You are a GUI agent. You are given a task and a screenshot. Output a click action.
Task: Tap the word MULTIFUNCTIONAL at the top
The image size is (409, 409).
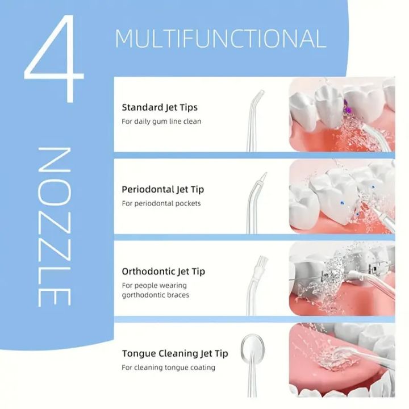(x=220, y=39)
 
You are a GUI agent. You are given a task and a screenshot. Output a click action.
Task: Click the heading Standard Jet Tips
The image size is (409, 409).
(x=160, y=107)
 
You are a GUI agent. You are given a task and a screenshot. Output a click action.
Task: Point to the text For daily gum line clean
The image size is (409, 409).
(x=161, y=121)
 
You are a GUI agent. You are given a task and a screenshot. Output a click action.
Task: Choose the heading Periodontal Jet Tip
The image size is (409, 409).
(x=163, y=189)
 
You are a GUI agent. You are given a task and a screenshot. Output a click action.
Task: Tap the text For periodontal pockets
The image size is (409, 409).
(x=161, y=203)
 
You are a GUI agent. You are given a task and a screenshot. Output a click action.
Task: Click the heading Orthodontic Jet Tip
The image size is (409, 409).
(x=164, y=271)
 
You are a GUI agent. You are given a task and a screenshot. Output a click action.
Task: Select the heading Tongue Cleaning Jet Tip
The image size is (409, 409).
(x=175, y=353)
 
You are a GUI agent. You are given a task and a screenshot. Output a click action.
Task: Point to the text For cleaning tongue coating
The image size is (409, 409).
(x=168, y=368)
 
